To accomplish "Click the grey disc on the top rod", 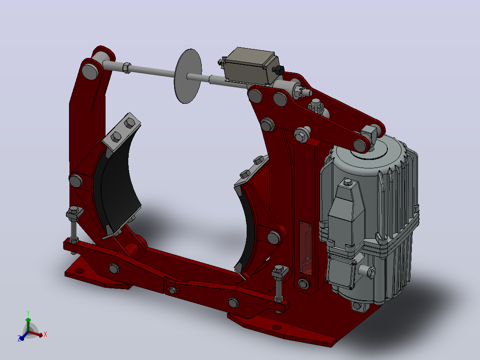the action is (187, 76).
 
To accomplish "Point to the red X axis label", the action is (45, 334).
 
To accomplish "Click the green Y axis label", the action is (28, 313).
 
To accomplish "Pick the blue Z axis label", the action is (19, 339).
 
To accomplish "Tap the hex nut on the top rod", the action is (126, 68).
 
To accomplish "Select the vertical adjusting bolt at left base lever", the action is (74, 225).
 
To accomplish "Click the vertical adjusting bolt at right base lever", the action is (279, 284).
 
